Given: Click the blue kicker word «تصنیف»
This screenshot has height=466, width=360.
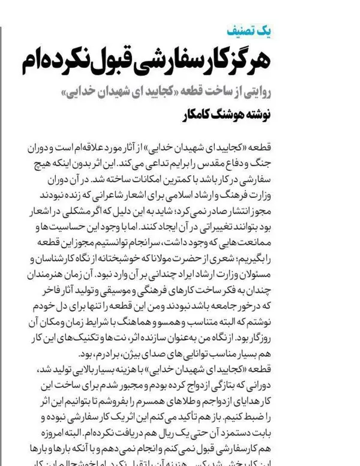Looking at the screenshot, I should pyautogui.click(x=239, y=31).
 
